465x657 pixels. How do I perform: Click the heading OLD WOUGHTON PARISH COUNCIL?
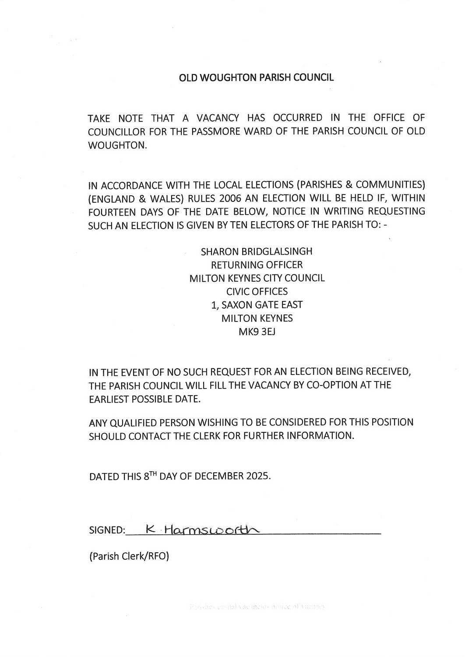256,78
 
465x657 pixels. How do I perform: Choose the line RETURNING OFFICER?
257,265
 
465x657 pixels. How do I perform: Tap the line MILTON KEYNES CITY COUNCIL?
257,279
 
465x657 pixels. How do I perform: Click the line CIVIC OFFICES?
257,292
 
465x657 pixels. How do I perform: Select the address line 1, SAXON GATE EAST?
257,305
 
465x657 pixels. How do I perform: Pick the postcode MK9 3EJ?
257,332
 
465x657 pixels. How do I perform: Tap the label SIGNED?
107,530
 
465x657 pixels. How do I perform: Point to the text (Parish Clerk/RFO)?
129,557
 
